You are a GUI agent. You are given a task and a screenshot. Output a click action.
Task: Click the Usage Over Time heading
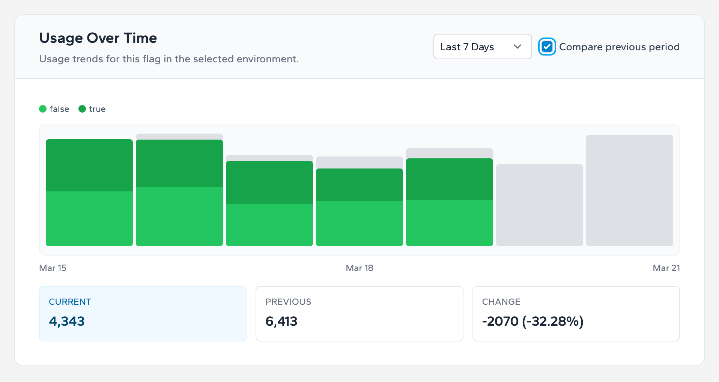coord(98,38)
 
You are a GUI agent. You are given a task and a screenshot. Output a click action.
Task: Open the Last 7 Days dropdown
coord(482,47)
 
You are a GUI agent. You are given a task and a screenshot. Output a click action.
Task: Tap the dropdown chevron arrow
coord(517,47)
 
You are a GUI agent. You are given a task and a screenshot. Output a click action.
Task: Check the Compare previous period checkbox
coord(547,47)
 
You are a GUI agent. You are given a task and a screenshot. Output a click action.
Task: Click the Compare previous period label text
coord(619,47)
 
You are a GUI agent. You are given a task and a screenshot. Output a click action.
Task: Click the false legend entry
coord(55,109)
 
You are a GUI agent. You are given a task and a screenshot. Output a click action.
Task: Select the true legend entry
coord(92,109)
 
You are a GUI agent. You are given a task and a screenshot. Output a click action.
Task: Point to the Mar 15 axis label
coord(53,268)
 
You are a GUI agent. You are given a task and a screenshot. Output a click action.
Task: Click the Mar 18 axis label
coord(359,268)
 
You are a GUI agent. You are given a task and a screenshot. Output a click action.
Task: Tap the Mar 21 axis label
coord(666,268)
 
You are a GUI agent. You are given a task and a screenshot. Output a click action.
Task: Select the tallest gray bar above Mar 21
coord(629,190)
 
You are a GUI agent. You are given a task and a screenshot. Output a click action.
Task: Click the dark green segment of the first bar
coord(89,165)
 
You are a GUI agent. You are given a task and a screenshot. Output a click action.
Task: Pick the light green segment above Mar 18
coord(359,223)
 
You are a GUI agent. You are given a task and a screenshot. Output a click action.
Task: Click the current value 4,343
coord(67,322)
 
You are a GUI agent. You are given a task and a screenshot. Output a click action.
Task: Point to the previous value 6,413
coord(281,322)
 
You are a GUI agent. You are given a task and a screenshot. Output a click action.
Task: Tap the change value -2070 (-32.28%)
coord(532,322)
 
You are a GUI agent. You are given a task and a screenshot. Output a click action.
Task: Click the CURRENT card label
coord(70,302)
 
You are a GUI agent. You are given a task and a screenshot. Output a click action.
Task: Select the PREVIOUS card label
coord(288,302)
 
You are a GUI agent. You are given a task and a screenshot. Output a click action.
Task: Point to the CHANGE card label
coord(501,302)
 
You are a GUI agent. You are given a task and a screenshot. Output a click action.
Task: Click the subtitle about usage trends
coord(169,59)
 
